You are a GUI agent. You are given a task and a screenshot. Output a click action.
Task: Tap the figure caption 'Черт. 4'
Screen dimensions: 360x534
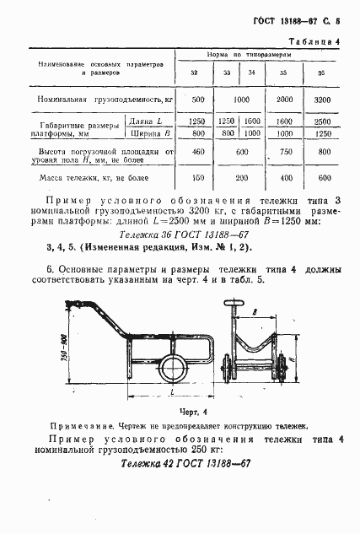coord(193,412)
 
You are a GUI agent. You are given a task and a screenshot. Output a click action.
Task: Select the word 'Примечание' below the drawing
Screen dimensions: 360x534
coord(76,428)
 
